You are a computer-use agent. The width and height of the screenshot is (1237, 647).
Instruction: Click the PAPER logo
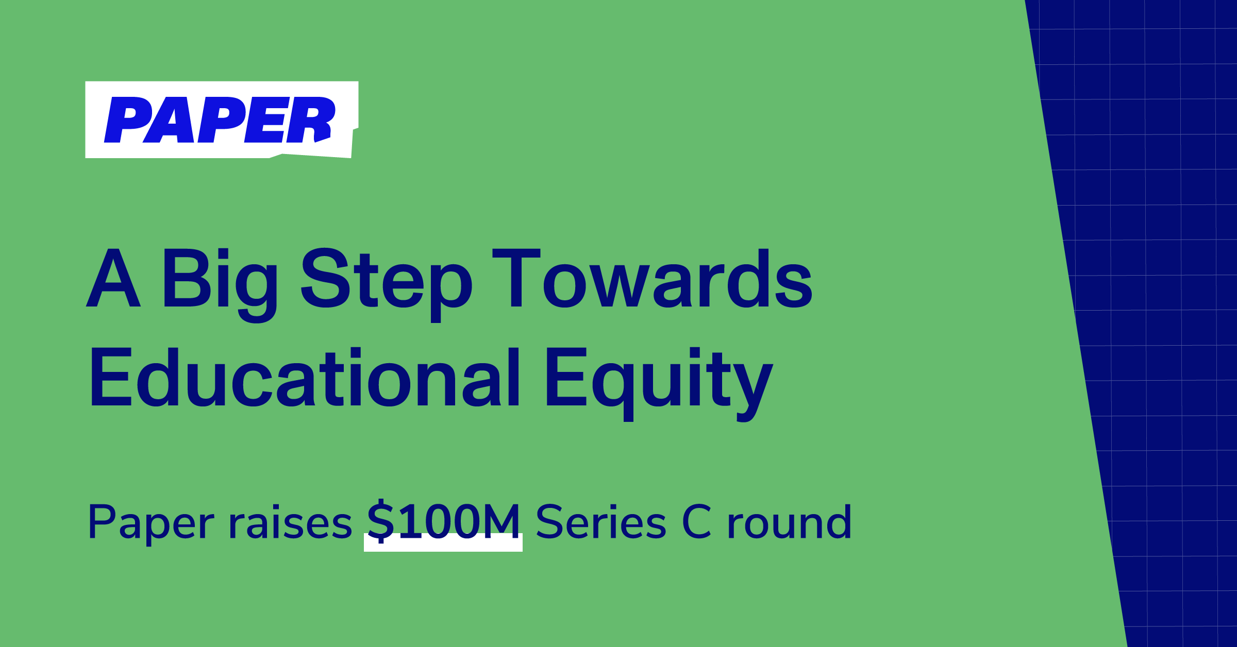221,120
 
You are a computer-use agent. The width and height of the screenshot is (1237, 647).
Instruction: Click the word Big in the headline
220,281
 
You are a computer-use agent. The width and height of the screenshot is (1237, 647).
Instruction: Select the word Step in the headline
386,281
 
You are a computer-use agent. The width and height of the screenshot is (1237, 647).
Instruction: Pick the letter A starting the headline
113,278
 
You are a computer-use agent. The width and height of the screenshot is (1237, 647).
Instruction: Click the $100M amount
443,522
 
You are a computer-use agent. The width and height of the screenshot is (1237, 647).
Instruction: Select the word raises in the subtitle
290,523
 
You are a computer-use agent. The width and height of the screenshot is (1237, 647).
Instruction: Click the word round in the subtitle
789,523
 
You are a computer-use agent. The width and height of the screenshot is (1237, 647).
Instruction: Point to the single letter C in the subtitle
696,522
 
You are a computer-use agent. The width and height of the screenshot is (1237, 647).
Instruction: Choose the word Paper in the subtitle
151,523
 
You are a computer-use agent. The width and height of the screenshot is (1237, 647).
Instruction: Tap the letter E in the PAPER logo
266,120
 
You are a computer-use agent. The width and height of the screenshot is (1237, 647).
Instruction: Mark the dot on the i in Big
223,253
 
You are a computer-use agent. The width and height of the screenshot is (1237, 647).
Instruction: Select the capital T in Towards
516,278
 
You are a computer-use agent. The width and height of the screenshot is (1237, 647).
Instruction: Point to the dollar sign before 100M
380,521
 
